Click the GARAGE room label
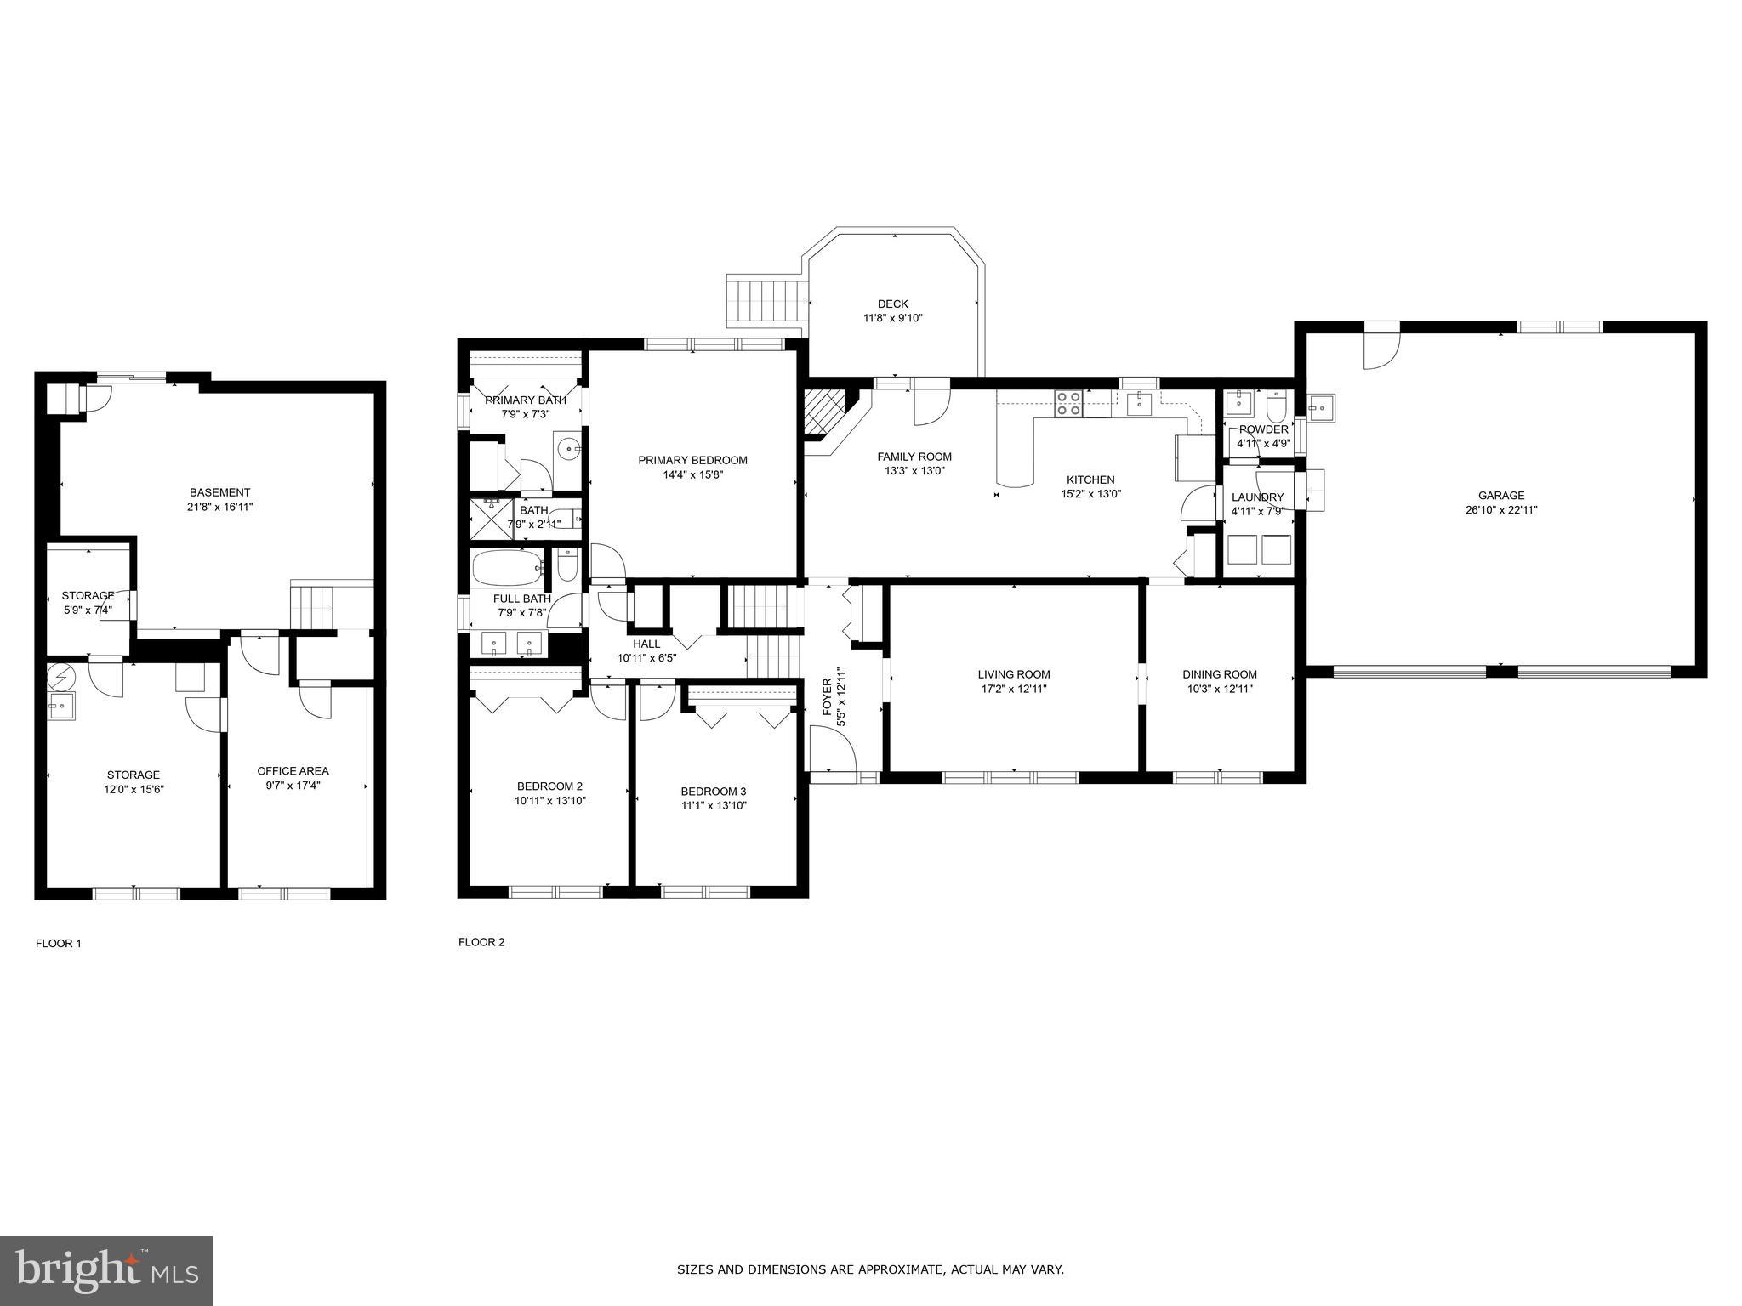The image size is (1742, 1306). [1500, 496]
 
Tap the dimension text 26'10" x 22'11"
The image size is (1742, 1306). [1500, 510]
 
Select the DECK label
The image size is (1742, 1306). [892, 304]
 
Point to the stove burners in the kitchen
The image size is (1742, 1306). [1068, 403]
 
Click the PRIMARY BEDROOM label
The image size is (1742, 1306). [692, 460]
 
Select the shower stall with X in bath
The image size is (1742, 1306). [490, 519]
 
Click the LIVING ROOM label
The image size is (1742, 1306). [1013, 674]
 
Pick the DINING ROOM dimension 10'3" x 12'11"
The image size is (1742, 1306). [1219, 689]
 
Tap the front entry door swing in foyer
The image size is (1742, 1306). [832, 748]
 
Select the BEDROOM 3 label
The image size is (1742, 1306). [713, 791]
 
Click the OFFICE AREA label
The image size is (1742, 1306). [293, 771]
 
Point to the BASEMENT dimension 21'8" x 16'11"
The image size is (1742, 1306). [219, 507]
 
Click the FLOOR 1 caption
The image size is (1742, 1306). [59, 943]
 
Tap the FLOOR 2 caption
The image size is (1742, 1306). [481, 942]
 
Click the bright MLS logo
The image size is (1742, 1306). [106, 1271]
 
